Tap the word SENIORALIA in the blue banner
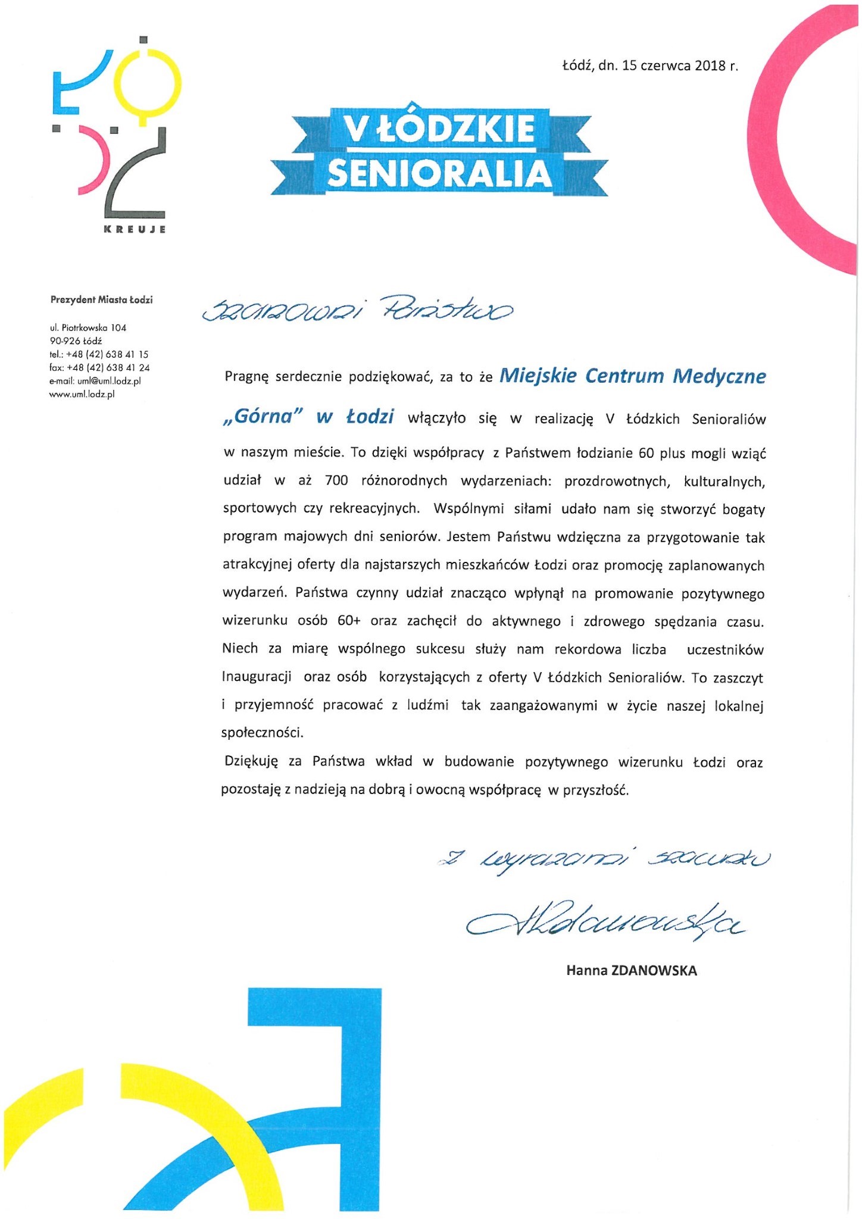(x=439, y=173)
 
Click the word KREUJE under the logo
(x=135, y=230)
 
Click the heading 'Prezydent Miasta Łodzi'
(x=101, y=300)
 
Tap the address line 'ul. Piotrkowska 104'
(x=88, y=328)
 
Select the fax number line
(x=99, y=368)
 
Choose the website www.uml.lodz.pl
(x=82, y=394)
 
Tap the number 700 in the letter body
(x=337, y=481)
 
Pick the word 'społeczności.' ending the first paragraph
(x=262, y=733)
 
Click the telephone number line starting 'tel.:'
(x=99, y=354)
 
